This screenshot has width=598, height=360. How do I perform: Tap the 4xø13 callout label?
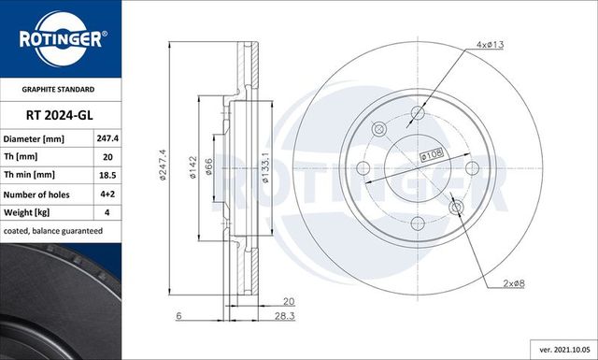click(490, 44)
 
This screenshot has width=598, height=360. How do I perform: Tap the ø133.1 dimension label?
click(266, 166)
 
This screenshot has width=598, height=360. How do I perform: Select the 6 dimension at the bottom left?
click(178, 317)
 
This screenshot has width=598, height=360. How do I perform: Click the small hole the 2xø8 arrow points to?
click(456, 207)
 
